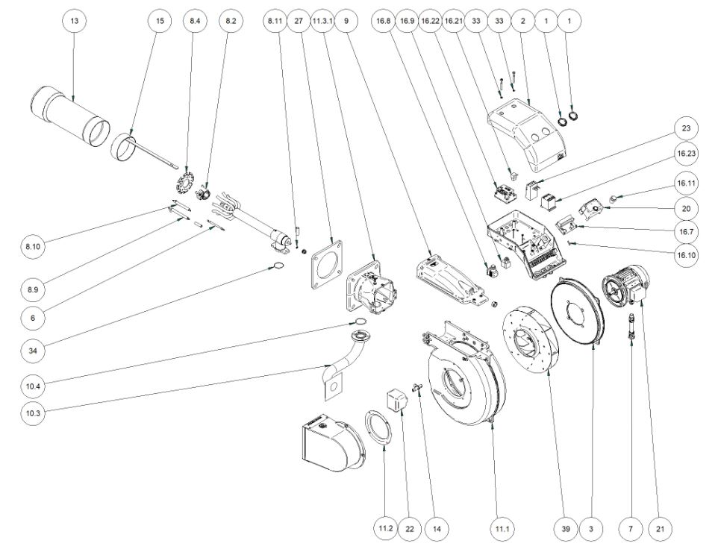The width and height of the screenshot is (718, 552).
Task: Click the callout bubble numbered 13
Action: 74,22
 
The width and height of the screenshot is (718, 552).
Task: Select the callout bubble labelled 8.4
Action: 194,22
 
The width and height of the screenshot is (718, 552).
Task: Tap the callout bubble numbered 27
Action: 299,22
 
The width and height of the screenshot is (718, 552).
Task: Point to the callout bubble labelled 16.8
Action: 382,22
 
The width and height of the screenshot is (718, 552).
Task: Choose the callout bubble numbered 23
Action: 686,128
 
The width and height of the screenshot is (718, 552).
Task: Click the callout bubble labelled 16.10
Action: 686,254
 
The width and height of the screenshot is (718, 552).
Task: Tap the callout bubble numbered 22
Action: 409,528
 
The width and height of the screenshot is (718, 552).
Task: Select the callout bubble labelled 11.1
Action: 501,528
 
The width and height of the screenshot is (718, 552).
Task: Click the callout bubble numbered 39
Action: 566,528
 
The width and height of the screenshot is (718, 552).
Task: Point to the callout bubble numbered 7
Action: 631,528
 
